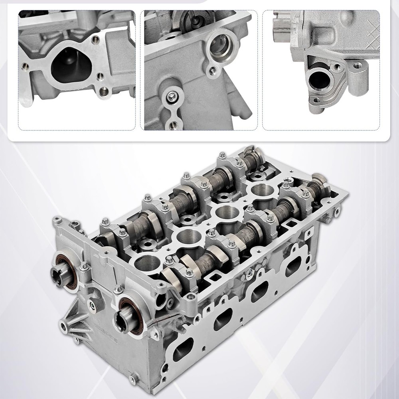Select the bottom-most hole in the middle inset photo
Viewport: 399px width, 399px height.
[x=172, y=125]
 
